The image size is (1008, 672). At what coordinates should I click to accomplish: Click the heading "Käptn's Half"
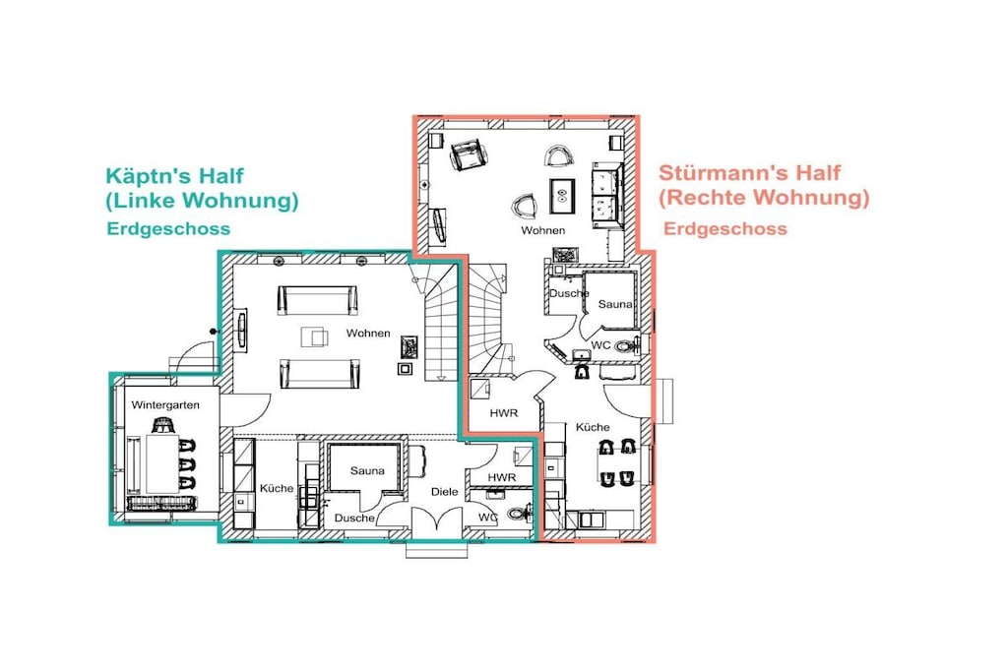point(175,176)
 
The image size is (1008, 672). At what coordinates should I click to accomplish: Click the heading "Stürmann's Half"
point(749,173)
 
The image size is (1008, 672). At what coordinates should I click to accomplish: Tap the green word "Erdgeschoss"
point(168,228)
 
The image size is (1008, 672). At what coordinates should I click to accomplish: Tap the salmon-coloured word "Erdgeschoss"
point(725,228)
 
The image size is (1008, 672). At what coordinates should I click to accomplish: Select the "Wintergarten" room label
point(165,404)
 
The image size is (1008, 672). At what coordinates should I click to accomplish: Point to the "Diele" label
point(444,492)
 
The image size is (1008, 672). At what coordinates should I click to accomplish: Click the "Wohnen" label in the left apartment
point(368,333)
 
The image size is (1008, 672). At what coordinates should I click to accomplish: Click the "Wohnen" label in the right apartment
point(543,230)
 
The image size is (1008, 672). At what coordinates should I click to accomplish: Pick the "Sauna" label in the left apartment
point(367,470)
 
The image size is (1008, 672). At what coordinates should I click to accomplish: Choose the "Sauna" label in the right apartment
point(615,304)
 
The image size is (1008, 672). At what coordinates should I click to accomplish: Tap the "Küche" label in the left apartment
point(277,488)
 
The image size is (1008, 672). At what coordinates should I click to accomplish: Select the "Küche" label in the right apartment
point(593,427)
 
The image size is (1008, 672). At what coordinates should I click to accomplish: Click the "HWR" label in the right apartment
point(503,413)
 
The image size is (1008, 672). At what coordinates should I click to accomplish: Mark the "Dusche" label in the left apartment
point(354,518)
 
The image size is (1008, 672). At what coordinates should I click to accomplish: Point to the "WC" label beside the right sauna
point(600,345)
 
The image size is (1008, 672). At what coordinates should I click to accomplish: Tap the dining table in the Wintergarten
point(162,463)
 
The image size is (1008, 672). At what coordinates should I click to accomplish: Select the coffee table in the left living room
point(314,336)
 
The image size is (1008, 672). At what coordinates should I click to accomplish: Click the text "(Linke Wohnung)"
point(202,201)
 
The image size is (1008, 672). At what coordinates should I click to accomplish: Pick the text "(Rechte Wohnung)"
point(764,197)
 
